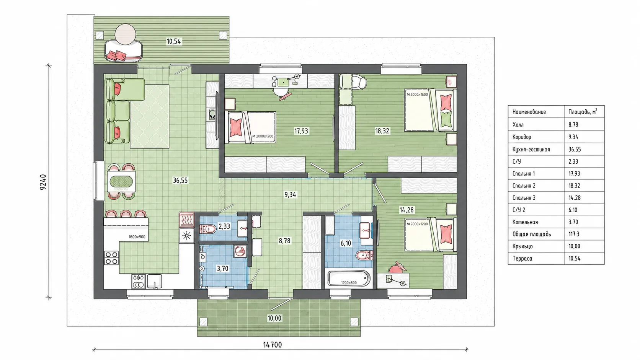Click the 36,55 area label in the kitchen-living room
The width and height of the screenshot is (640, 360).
point(180,181)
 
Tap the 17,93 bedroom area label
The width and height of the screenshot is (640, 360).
point(301,131)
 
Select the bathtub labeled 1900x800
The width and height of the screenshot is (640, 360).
point(349,279)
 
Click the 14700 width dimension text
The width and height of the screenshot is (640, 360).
point(272,345)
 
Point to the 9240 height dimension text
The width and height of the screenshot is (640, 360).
point(43,182)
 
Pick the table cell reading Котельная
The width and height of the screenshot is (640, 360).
point(525,222)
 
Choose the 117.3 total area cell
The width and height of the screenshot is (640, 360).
point(574,234)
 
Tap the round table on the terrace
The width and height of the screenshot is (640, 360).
point(125,34)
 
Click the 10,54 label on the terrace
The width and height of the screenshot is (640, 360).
point(174,41)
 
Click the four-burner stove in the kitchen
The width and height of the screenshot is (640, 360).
point(111,258)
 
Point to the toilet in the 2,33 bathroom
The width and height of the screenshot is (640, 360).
point(208,229)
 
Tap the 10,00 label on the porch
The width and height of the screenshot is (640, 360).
point(274,318)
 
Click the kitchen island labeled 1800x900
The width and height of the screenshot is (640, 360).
point(126,230)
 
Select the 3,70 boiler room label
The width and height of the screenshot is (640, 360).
point(222,269)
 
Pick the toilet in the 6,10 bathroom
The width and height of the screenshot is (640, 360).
point(364,255)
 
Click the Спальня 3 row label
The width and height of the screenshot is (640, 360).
point(524,197)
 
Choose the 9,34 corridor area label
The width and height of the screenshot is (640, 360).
point(290,195)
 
